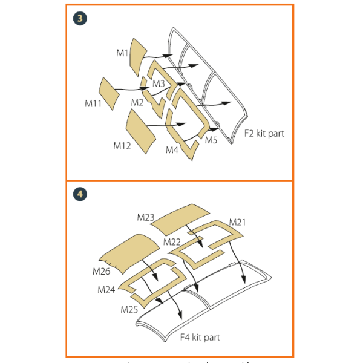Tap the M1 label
(x=123, y=53)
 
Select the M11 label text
(x=93, y=103)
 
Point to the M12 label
(x=122, y=145)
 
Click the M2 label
(x=137, y=102)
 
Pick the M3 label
(x=159, y=83)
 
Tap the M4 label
(x=172, y=149)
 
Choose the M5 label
(x=211, y=140)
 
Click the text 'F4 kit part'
(x=200, y=336)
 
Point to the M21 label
(x=237, y=222)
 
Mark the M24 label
(x=106, y=290)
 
